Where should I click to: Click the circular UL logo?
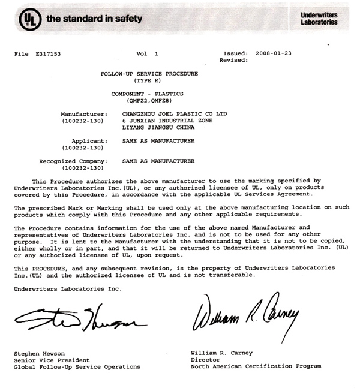point(29,19)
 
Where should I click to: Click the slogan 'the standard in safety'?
point(94,19)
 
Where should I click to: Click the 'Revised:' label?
point(233,61)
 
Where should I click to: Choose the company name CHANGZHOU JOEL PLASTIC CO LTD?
point(175,113)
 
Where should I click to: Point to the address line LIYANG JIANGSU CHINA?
point(158,127)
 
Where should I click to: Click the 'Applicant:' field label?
point(89,141)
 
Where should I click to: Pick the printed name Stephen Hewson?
point(40,354)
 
